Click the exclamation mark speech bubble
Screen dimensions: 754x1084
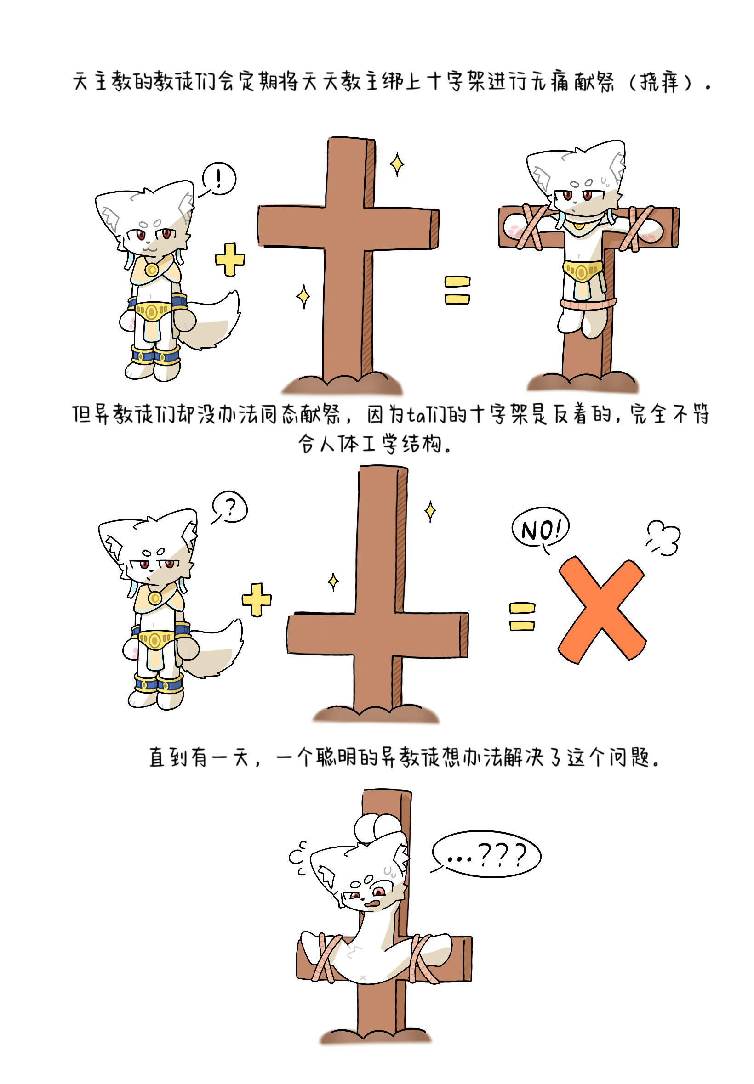(x=219, y=178)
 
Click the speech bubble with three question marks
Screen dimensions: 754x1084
(x=486, y=854)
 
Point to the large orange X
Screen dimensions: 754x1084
(x=601, y=609)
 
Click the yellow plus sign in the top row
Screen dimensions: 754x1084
(x=230, y=260)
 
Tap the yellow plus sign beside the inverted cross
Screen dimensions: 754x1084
(x=257, y=600)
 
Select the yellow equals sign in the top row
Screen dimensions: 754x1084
(x=457, y=290)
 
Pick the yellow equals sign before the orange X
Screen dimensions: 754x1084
(x=522, y=616)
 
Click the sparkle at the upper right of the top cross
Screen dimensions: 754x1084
(x=397, y=164)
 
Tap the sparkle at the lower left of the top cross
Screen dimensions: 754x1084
(x=303, y=297)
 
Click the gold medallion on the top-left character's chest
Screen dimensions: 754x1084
(x=152, y=270)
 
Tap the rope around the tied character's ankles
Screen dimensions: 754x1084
(x=588, y=304)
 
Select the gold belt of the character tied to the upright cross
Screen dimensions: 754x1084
(x=583, y=271)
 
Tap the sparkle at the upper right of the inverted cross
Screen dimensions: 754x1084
(x=430, y=511)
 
